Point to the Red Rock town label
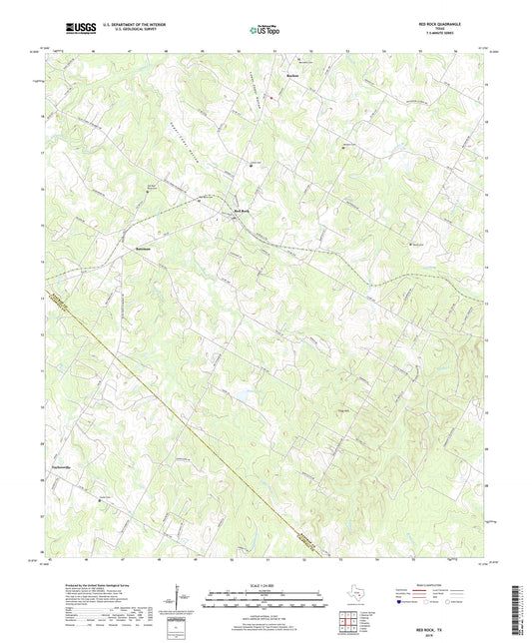(x=243, y=211)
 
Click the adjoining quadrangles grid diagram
(x=349, y=622)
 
